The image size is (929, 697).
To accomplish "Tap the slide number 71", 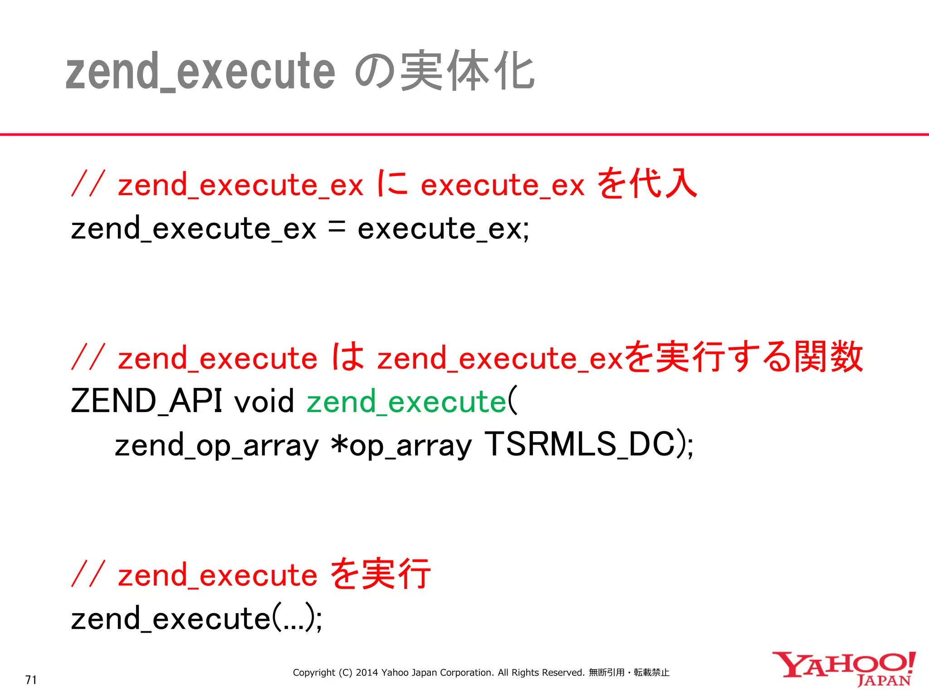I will point(31,680).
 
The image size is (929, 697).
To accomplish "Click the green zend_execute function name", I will point(406,402).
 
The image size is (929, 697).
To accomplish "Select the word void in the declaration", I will point(264,402).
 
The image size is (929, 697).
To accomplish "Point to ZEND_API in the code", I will point(146,401).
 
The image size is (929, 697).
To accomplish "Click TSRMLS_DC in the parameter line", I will point(580,444).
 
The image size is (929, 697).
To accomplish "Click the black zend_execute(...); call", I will point(196,619).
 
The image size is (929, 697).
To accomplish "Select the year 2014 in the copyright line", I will point(367,672).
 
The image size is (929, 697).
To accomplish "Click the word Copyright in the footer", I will point(314,672).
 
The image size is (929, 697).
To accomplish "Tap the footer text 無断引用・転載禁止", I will point(629,672).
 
